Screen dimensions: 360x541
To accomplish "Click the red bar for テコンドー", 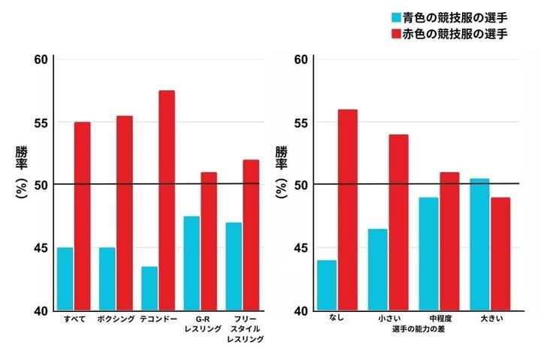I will click(167, 201).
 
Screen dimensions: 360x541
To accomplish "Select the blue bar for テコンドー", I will click(150, 289).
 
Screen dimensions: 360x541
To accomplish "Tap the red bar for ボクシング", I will click(125, 213).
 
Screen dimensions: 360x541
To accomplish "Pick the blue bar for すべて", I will click(65, 279).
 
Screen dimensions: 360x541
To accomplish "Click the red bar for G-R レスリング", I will click(209, 241).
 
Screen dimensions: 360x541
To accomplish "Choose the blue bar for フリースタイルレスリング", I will click(234, 267).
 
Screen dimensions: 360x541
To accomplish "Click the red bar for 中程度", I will click(449, 241).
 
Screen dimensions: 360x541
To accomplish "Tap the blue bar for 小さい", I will click(378, 270).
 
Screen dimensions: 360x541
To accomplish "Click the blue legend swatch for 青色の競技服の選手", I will click(395, 17).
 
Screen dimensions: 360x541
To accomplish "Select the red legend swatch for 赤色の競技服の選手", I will click(395, 34).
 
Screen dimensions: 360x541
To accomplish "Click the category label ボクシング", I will click(116, 319).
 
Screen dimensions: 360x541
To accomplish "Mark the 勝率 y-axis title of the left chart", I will click(21, 160).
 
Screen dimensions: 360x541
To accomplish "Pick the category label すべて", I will click(74, 319).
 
